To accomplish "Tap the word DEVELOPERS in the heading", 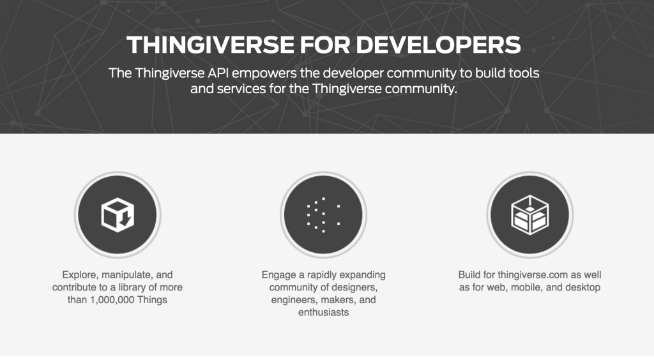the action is (x=438, y=45).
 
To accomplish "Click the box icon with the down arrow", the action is (x=118, y=214).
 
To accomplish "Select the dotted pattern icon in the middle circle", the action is (x=323, y=215).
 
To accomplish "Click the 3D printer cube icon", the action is (x=529, y=215).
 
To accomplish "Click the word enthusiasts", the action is (x=323, y=313).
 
